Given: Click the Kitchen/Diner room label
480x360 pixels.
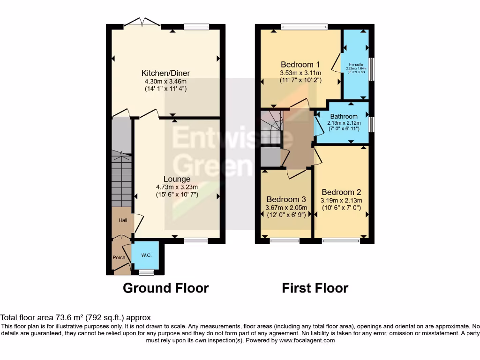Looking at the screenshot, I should (165, 73).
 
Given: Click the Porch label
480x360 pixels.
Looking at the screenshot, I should (119, 257).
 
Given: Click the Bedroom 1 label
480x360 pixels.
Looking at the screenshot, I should (300, 65).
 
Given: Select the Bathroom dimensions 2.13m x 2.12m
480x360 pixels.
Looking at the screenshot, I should (344, 123).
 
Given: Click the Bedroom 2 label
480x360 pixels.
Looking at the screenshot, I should (341, 192).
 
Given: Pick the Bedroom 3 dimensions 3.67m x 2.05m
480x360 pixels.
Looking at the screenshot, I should (286, 208).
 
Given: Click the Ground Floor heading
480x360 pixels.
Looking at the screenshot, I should (165, 288).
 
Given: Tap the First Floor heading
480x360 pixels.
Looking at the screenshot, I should (315, 288).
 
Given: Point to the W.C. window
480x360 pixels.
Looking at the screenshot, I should (147, 272).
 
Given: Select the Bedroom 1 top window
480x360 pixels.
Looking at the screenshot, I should (304, 27).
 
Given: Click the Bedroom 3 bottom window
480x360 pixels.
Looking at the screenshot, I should (285, 241).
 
